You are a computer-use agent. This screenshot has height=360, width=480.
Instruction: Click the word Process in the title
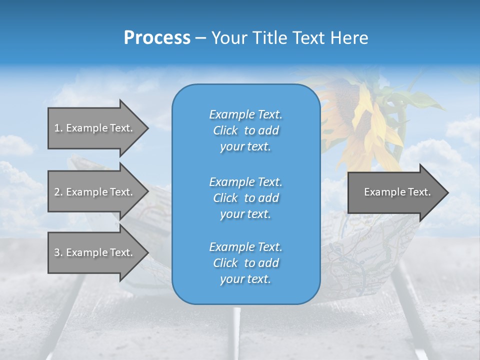click(x=157, y=38)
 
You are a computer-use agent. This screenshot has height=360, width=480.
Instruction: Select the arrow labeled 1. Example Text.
click(x=95, y=128)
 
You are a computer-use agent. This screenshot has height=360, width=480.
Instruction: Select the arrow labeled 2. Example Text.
click(x=95, y=192)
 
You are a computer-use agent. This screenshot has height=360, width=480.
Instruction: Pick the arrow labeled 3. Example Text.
click(x=95, y=252)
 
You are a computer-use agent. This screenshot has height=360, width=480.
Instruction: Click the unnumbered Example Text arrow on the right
click(x=395, y=192)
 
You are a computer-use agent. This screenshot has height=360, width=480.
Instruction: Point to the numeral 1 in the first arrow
click(x=57, y=128)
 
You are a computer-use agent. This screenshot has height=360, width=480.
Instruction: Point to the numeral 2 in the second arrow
click(x=57, y=192)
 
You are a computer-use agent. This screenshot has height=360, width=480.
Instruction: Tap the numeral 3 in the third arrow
click(x=57, y=252)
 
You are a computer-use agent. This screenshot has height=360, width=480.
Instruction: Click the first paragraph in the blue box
click(x=245, y=130)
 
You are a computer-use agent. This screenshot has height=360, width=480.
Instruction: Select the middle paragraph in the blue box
click(x=245, y=198)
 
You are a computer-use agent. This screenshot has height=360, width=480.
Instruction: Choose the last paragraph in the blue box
click(x=245, y=263)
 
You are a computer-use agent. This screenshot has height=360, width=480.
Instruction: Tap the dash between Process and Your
click(x=200, y=38)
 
